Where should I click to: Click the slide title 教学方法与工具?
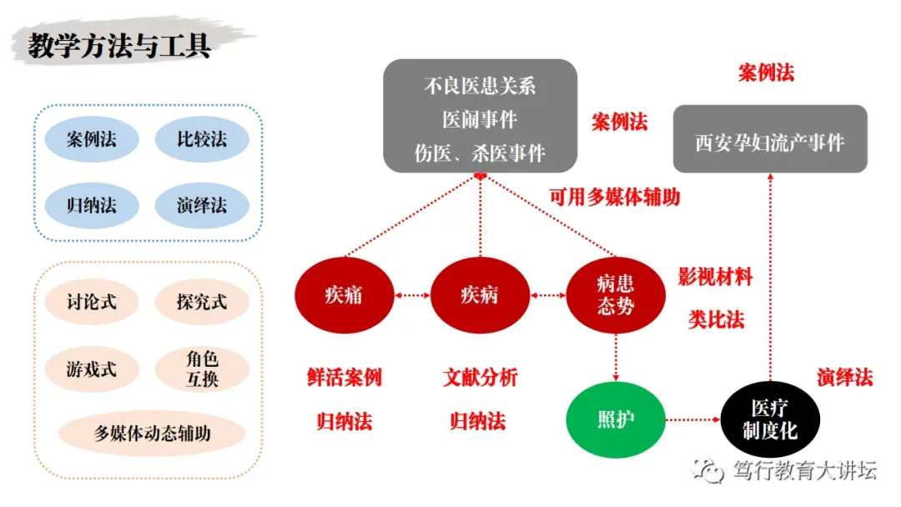(119, 45)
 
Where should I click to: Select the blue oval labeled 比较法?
(202, 138)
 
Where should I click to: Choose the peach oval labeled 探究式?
(202, 302)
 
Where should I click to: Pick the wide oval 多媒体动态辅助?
(152, 434)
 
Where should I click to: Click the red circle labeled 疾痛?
(344, 294)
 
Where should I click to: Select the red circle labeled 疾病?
(480, 294)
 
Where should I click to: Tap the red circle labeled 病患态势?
(616, 294)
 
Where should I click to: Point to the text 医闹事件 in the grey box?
(480, 120)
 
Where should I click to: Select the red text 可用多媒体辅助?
(615, 197)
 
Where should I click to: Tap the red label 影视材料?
(715, 278)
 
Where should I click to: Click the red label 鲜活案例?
(344, 377)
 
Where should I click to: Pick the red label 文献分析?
(480, 377)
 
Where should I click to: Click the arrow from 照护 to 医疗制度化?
(692, 419)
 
